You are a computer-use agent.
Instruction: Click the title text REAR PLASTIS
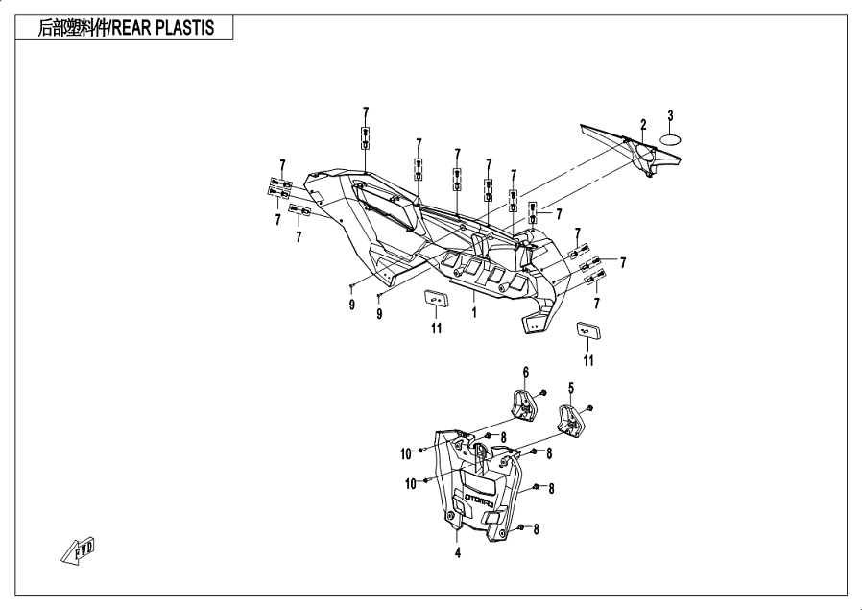(x=163, y=28)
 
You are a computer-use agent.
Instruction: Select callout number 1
(x=474, y=312)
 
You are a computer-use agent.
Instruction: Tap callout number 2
(x=642, y=125)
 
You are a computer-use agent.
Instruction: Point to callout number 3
(x=670, y=115)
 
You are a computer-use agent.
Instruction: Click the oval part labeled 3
(x=670, y=139)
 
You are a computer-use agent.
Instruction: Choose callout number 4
(x=457, y=552)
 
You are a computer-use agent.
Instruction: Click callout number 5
(x=570, y=388)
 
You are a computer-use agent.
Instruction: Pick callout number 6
(x=526, y=373)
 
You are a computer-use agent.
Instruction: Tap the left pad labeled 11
(x=437, y=299)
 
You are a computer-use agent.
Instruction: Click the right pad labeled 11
(x=588, y=330)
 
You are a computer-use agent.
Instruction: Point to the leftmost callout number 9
(x=352, y=305)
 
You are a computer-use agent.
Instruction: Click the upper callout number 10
(x=406, y=453)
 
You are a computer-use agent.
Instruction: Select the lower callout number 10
(x=411, y=483)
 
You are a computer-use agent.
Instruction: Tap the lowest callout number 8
(x=536, y=528)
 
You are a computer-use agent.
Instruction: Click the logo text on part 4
(x=481, y=498)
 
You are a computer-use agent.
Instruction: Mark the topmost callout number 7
(x=366, y=112)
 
